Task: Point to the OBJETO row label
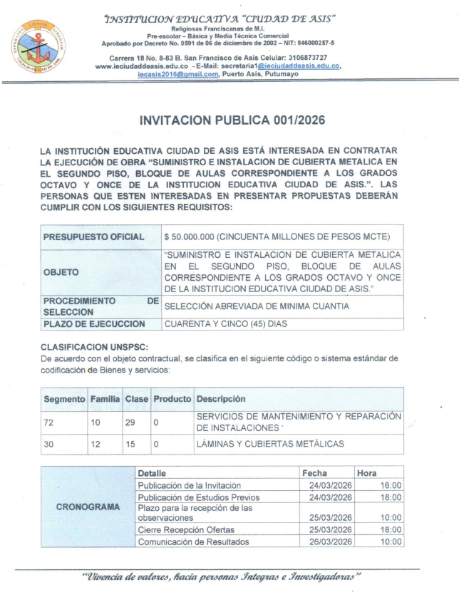pos(61,271)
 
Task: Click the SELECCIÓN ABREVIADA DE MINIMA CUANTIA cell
pos(257,306)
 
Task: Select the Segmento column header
pos(65,399)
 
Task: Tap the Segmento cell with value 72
pos(49,422)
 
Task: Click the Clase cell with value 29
pos(131,422)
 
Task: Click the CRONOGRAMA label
pos(87,507)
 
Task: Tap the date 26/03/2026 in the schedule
pos(327,541)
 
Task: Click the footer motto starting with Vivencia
pos(220,575)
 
